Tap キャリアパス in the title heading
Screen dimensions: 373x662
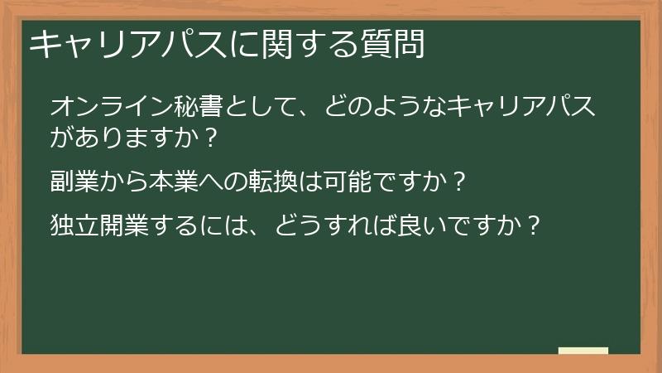point(115,45)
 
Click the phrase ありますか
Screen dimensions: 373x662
point(137,138)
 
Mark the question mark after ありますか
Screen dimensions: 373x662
point(209,138)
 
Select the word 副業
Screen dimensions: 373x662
point(74,181)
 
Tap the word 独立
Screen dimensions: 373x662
point(74,224)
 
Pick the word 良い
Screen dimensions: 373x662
point(411,224)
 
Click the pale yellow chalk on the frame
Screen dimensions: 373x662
point(583,351)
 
